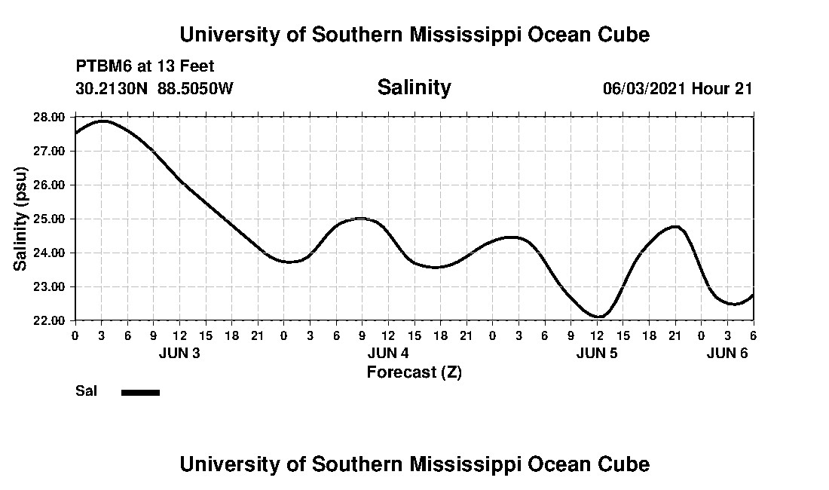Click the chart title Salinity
click(x=414, y=87)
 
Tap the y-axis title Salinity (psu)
click(x=21, y=219)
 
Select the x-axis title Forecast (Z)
click(x=414, y=372)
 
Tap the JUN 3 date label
click(x=179, y=354)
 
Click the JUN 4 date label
click(x=388, y=354)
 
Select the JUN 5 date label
click(x=597, y=354)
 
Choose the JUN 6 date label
click(x=727, y=354)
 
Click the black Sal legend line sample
click(x=140, y=392)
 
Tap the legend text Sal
click(x=85, y=391)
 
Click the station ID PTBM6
click(x=102, y=67)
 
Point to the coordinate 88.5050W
click(x=196, y=88)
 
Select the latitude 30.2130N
click(x=112, y=88)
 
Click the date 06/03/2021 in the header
click(x=644, y=88)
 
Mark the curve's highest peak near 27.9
click(x=102, y=121)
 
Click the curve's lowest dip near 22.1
click(x=598, y=317)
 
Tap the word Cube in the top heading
click(x=623, y=35)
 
